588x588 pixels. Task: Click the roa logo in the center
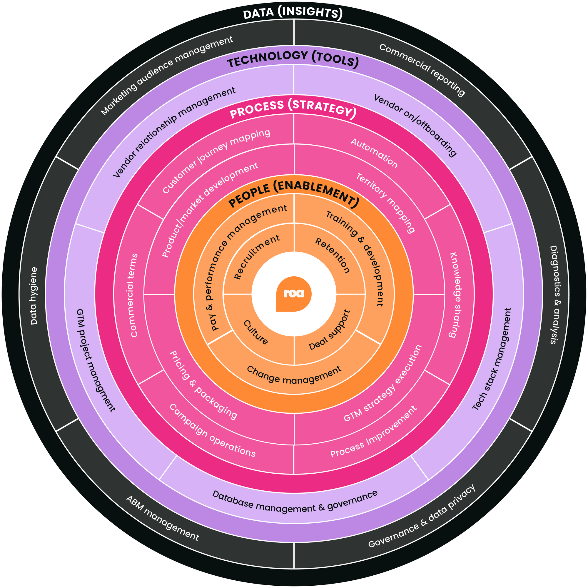click(x=294, y=294)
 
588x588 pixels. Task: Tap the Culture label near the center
click(x=256, y=332)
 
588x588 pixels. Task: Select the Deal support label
click(x=330, y=330)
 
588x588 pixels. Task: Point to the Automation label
click(x=374, y=153)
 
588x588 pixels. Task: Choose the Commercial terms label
click(x=134, y=295)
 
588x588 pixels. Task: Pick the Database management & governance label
click(x=295, y=504)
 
